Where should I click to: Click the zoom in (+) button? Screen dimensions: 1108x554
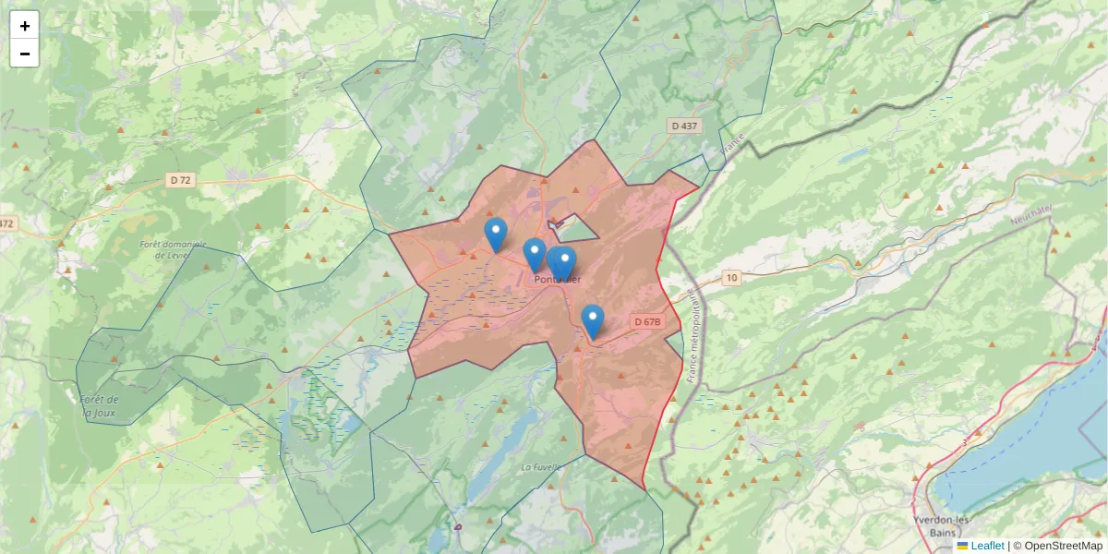point(25,26)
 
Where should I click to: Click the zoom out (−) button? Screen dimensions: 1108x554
point(25,54)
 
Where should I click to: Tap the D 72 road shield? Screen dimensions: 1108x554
point(181,180)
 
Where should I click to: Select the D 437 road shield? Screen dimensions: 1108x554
point(684,125)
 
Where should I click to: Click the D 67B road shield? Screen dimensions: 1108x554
point(647,322)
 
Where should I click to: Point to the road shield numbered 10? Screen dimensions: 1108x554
point(731,277)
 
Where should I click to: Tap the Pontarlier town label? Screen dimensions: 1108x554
point(558,280)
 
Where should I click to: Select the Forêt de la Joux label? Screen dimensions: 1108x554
point(99,405)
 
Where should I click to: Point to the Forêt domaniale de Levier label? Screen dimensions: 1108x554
point(173,249)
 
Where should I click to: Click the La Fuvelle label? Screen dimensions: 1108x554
point(541,467)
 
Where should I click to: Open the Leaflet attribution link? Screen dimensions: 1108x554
point(987,546)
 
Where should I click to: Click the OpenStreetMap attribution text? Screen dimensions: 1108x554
point(1062,546)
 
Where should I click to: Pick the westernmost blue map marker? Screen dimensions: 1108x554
point(496,234)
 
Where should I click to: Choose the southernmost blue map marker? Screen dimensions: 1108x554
point(592,320)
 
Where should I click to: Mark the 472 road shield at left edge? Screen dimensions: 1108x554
point(7,223)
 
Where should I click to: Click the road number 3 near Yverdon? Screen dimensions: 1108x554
point(966,444)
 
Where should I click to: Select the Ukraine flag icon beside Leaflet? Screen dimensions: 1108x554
point(962,546)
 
